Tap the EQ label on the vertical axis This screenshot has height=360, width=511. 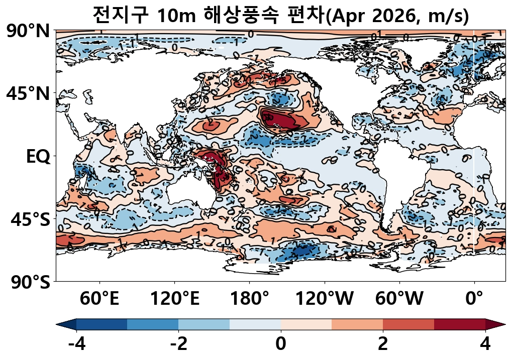coord(38,157)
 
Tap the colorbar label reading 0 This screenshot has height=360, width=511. coord(280,345)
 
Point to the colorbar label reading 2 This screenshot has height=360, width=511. coord(383,345)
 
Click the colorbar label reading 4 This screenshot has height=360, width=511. coord(485,345)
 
